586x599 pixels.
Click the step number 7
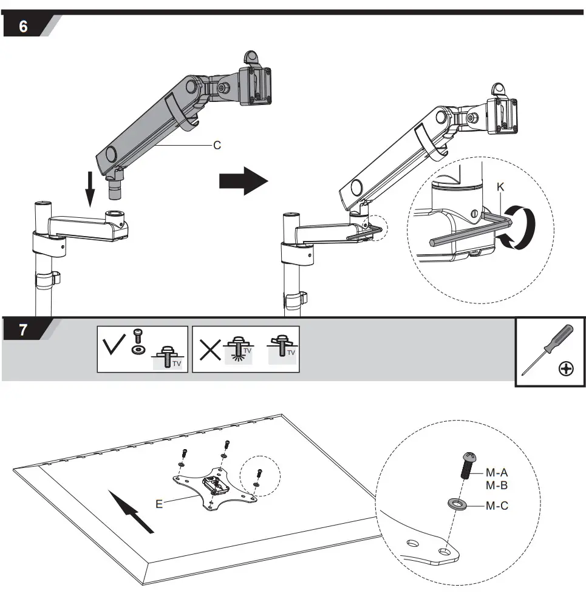pyautogui.click(x=23, y=331)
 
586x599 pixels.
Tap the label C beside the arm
pyautogui.click(x=217, y=146)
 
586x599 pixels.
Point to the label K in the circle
pyautogui.click(x=500, y=188)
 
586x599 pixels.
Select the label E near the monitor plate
pyautogui.click(x=159, y=503)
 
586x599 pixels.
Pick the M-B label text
pyautogui.click(x=496, y=486)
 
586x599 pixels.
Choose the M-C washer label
pyautogui.click(x=496, y=506)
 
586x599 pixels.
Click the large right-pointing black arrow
pyautogui.click(x=243, y=181)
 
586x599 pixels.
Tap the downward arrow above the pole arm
pyautogui.click(x=90, y=189)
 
